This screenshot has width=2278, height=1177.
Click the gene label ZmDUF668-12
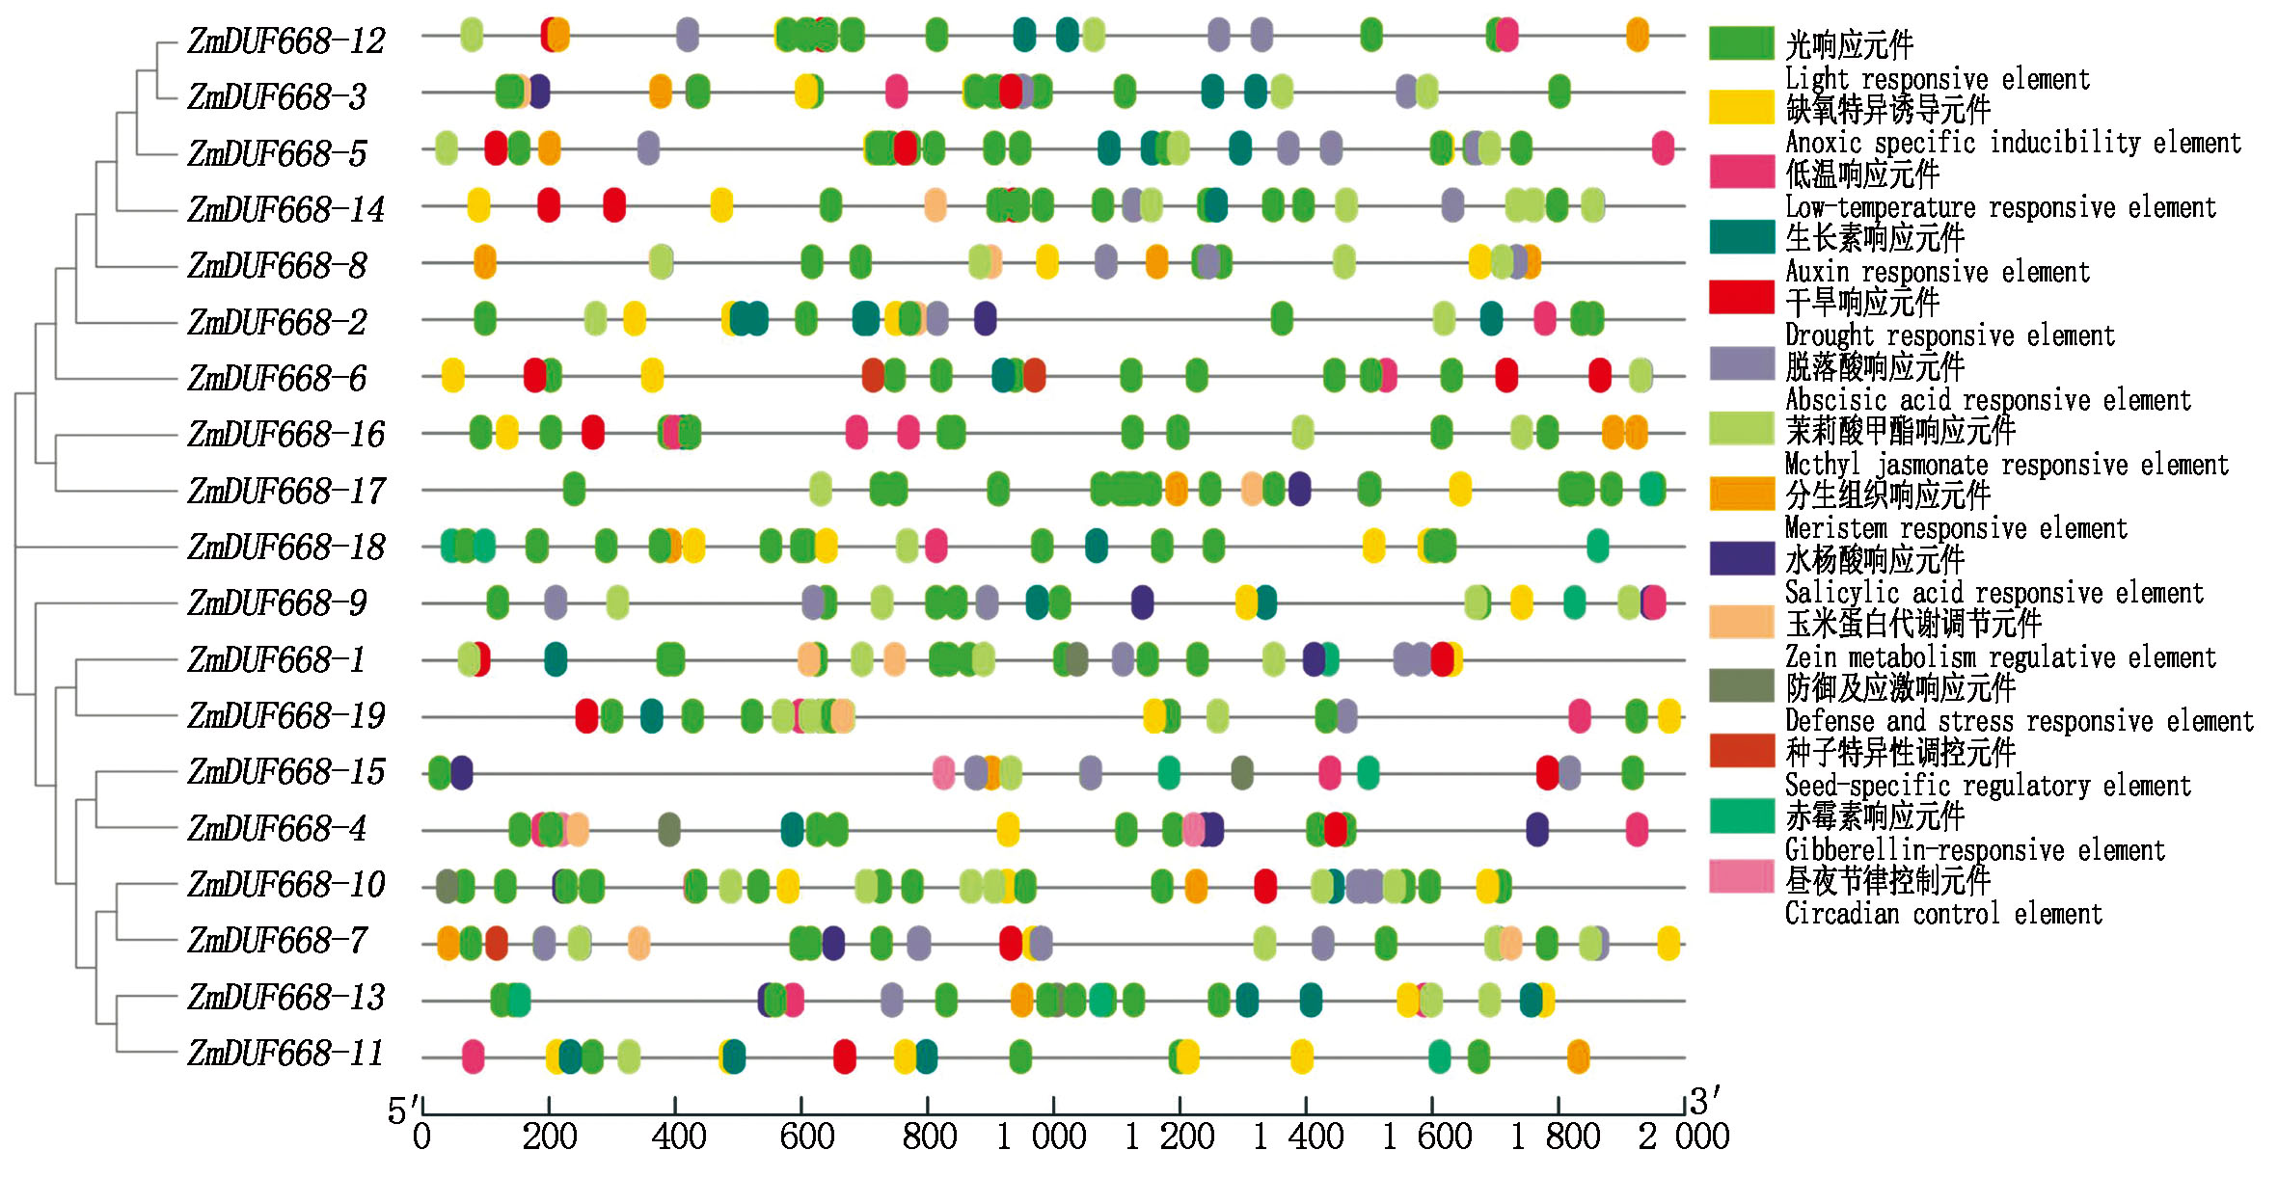(x=286, y=40)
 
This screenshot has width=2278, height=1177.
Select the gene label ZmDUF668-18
(x=286, y=548)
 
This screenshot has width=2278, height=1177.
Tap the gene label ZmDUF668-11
(x=286, y=1054)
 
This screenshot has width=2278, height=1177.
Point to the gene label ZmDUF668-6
(x=278, y=378)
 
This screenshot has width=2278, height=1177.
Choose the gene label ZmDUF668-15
(x=286, y=772)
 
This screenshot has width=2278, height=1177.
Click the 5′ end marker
(x=403, y=1111)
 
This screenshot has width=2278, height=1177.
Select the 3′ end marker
(x=1705, y=1101)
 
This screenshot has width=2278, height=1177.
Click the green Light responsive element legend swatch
(x=1741, y=43)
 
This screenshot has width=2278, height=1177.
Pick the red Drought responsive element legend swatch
(x=1741, y=298)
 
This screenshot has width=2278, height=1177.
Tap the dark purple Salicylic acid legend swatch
(x=1741, y=558)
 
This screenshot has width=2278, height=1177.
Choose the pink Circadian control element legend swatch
(x=1741, y=876)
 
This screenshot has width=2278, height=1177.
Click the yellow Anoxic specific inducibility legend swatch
(x=1741, y=107)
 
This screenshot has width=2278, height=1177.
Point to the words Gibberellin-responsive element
(x=1974, y=850)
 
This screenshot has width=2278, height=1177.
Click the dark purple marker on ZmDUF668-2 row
(x=985, y=318)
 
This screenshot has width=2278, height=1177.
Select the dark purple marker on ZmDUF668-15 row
(x=462, y=773)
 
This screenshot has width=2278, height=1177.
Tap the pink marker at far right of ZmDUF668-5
(x=1663, y=148)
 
